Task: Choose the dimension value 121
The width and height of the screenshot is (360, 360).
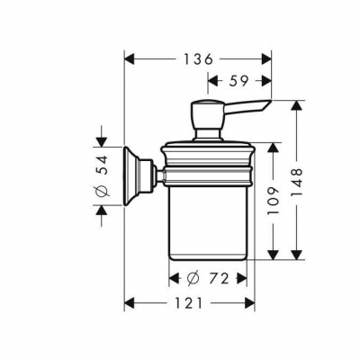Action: point(187,303)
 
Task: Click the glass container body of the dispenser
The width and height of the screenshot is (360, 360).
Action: point(208,216)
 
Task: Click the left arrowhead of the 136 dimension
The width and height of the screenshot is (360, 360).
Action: point(128,58)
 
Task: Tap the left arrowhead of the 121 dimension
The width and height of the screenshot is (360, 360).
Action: point(128,303)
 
